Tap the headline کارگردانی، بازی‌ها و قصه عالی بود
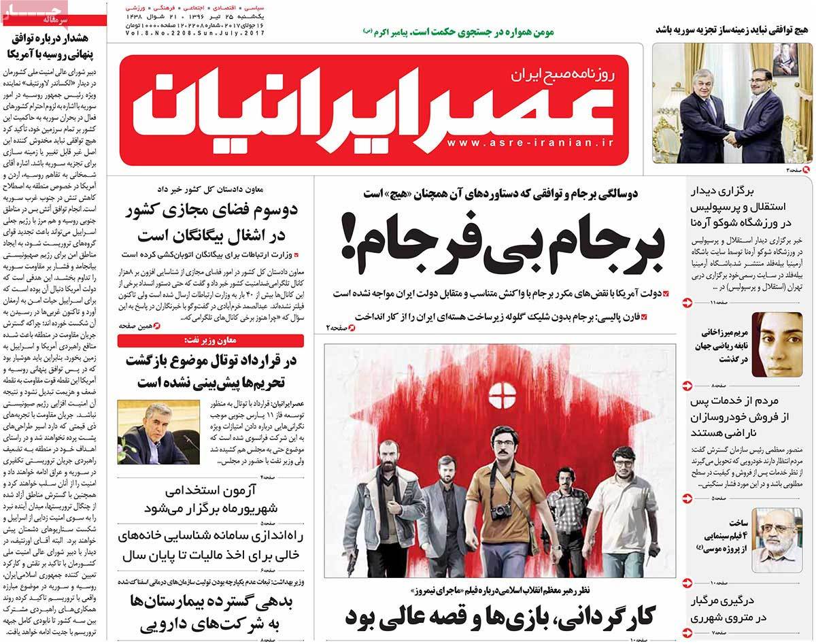pyautogui.click(x=500, y=616)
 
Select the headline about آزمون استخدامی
pyautogui.click(x=215, y=498)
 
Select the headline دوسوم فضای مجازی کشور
pyautogui.click(x=212, y=222)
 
